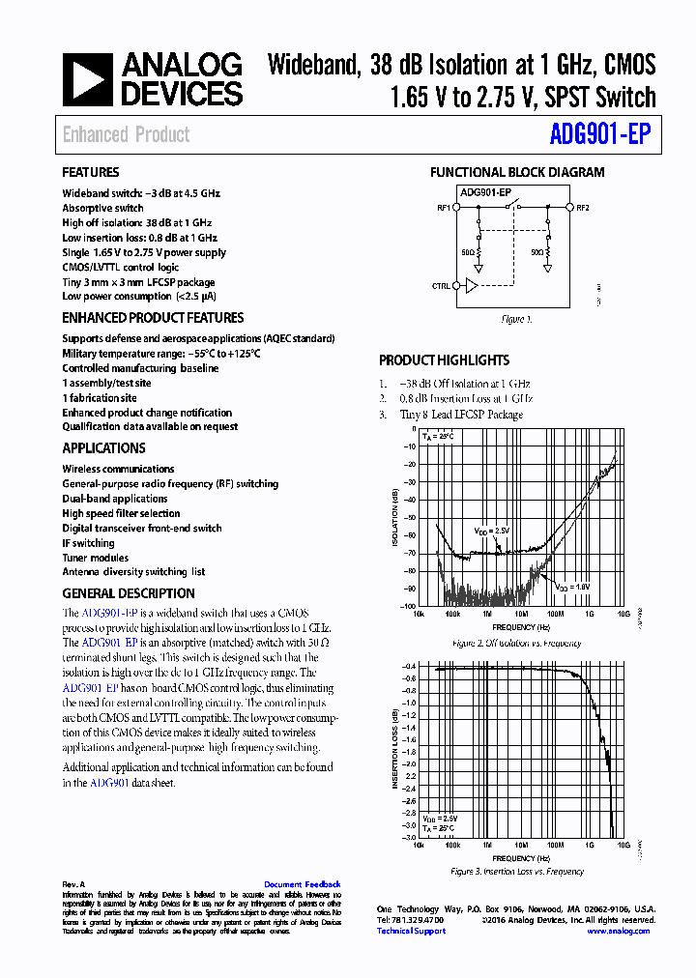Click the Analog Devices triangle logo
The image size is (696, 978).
point(87,79)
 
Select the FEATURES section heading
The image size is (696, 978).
point(91,173)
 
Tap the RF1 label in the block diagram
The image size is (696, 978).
point(443,207)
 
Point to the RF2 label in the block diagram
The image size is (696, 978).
point(583,207)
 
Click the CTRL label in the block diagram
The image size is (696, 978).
point(441,286)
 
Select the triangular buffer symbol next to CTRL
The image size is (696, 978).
point(471,286)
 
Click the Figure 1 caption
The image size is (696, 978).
point(516,319)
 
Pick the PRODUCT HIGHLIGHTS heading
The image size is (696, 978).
point(444,360)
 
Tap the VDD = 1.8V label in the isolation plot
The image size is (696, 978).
point(572,587)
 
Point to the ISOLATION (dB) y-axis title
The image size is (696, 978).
point(394,519)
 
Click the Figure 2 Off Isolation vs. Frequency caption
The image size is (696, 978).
point(516,644)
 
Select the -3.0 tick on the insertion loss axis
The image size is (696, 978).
point(408,838)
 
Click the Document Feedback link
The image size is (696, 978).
point(302,884)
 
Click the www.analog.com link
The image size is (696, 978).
point(618,931)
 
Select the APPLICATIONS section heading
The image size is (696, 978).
point(104,448)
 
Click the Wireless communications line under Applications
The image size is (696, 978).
point(118,469)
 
